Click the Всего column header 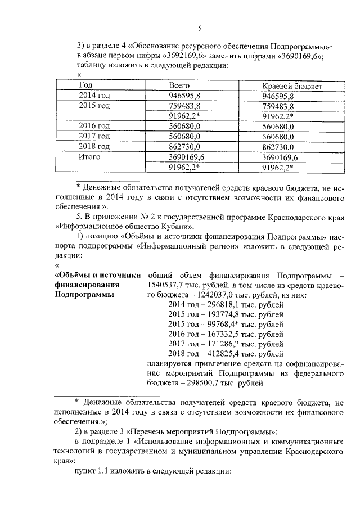tap(180, 85)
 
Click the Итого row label tap(89, 157)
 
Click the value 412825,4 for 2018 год tap(220, 354)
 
